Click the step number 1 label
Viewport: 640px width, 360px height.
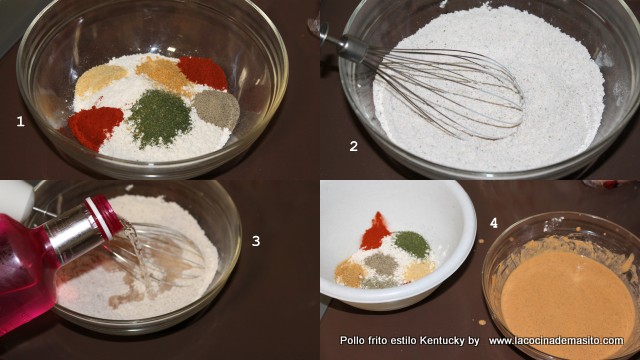pos(20,122)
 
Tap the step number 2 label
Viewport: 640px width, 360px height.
pos(354,146)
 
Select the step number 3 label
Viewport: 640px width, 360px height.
pos(256,241)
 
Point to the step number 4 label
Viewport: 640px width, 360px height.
pos(494,223)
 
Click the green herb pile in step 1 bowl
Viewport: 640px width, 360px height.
pos(160,118)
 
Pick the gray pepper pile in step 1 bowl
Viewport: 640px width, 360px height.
pos(217,108)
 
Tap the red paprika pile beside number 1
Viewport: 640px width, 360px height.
pos(95,127)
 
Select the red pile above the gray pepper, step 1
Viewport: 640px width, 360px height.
pos(203,72)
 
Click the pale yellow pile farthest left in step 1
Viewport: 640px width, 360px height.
pos(100,79)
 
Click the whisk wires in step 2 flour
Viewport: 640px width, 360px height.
pos(445,92)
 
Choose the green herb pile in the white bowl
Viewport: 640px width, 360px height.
pos(413,244)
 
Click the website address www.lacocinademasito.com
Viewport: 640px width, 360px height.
pos(556,340)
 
